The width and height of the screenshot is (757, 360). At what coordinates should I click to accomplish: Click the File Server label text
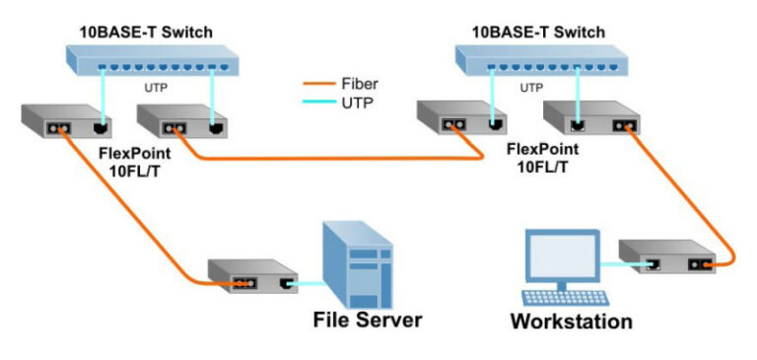click(368, 320)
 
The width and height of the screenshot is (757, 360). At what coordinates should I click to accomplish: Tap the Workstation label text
click(572, 322)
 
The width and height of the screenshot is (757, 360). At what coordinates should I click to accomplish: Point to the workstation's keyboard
click(566, 297)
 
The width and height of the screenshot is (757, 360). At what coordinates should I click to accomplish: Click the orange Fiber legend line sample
click(319, 84)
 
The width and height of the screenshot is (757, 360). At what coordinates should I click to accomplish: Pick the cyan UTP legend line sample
click(319, 102)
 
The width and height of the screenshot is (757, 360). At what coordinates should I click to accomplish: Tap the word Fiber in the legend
click(360, 84)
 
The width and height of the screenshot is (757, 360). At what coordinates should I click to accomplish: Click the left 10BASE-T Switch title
click(146, 33)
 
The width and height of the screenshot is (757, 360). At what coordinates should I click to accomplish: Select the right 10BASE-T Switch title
click(538, 33)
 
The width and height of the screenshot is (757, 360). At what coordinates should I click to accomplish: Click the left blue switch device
click(153, 60)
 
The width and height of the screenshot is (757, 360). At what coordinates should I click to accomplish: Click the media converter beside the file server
click(252, 276)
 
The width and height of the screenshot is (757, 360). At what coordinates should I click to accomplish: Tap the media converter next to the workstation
click(667, 256)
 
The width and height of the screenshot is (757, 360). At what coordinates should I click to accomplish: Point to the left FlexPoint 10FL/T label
click(135, 162)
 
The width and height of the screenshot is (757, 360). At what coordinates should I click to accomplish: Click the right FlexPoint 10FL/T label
click(543, 158)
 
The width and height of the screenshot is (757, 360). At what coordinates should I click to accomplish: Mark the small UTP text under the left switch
click(156, 89)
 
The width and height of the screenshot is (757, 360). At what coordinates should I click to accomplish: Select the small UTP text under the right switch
click(531, 88)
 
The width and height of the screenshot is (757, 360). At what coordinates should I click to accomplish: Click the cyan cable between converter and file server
click(307, 284)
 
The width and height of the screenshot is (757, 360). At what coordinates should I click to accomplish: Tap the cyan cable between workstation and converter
click(623, 264)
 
